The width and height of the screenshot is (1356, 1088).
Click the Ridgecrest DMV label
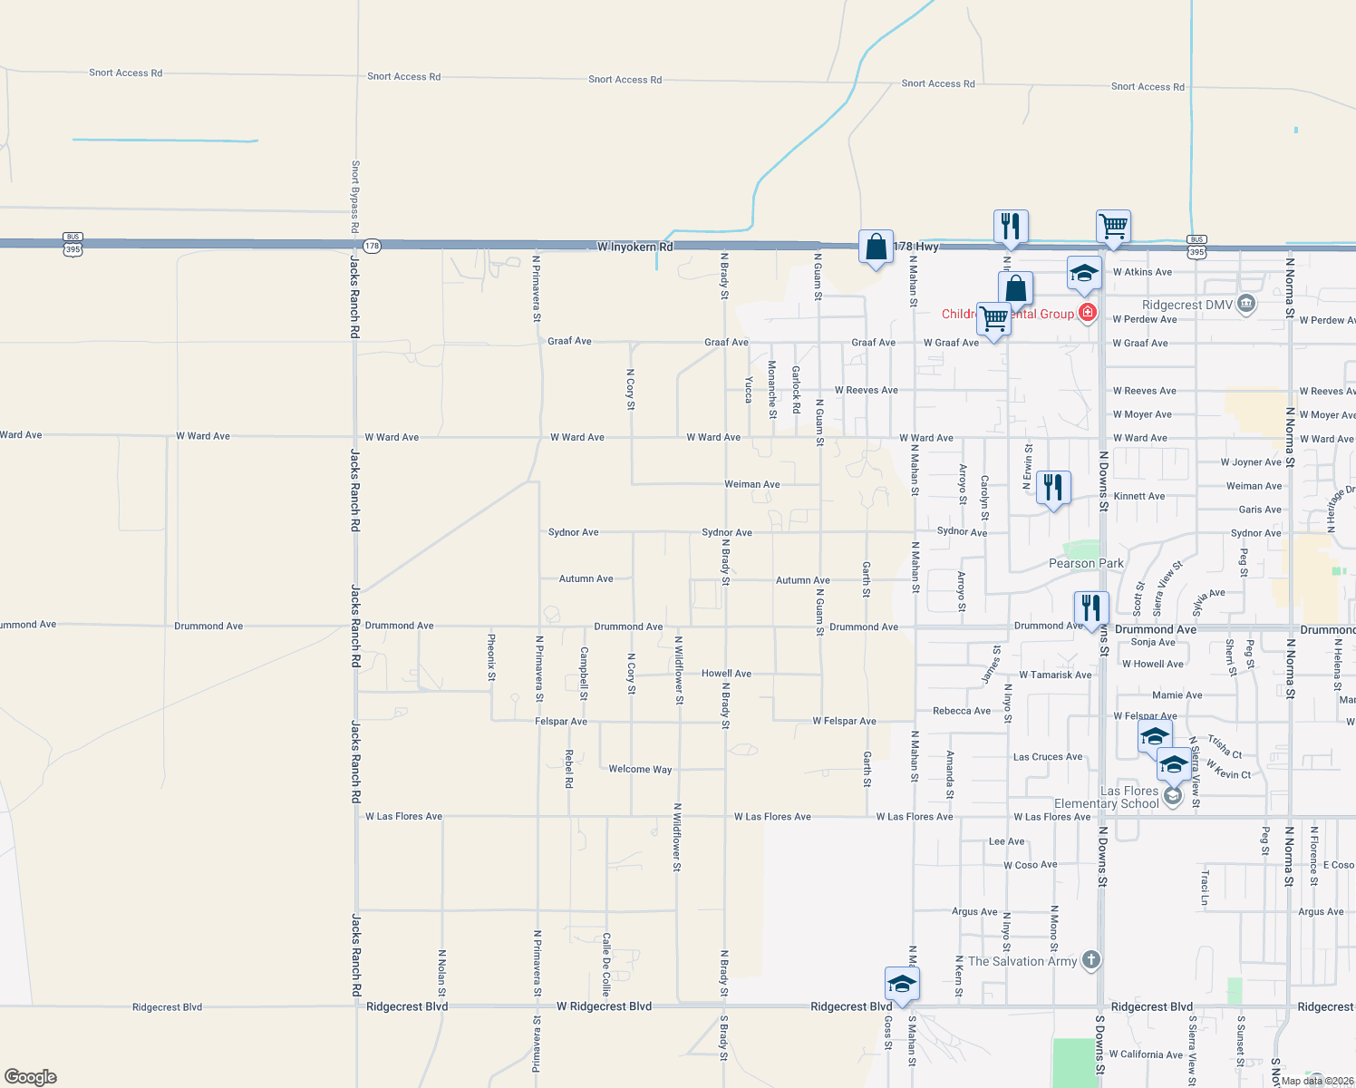pyautogui.click(x=1186, y=306)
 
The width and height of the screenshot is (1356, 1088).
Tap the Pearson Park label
pyautogui.click(x=1086, y=563)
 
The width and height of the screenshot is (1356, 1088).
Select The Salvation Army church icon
pyautogui.click(x=1091, y=959)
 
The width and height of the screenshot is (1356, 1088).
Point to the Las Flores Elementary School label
pyautogui.click(x=1107, y=797)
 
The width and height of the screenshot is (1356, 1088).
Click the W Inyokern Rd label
pyautogui.click(x=634, y=247)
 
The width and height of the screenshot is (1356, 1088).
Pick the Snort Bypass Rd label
pyautogui.click(x=355, y=197)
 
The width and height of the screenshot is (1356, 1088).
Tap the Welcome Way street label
pyautogui.click(x=640, y=769)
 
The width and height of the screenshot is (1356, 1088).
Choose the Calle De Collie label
pyautogui.click(x=606, y=965)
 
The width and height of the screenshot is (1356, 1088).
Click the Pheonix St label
pyautogui.click(x=491, y=657)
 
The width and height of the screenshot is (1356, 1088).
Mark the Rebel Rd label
pyautogui.click(x=569, y=768)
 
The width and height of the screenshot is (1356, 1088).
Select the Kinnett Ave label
pyautogui.click(x=1138, y=496)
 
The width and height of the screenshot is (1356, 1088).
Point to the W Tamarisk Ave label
pyautogui.click(x=1055, y=675)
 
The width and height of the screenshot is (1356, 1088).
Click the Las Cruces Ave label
pyautogui.click(x=1047, y=757)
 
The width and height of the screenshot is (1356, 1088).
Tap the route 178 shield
pyautogui.click(x=372, y=246)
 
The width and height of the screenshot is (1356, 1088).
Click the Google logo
pyautogui.click(x=31, y=1077)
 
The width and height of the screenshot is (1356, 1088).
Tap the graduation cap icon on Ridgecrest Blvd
pyautogui.click(x=902, y=983)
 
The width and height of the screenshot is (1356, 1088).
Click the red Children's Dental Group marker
pyautogui.click(x=1088, y=314)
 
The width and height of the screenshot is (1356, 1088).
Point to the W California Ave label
pyautogui.click(x=1146, y=1054)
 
